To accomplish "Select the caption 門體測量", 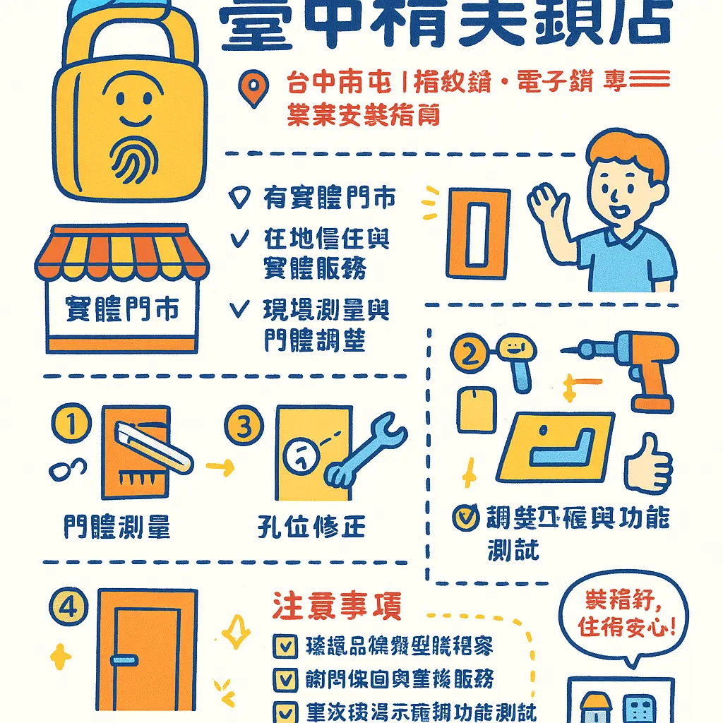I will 116,527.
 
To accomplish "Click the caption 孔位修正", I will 311,527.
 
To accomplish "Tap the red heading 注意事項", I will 337,607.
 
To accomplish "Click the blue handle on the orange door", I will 124,659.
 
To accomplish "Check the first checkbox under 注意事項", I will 285,645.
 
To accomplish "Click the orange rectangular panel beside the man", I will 477,232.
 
